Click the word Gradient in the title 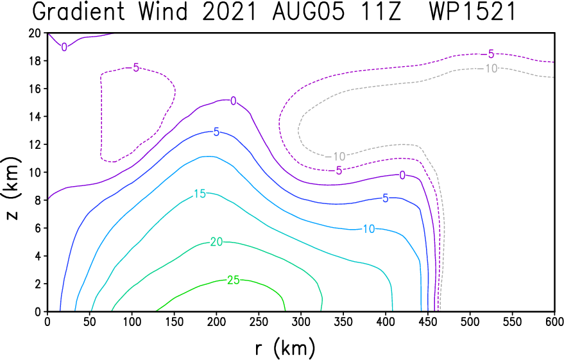click(x=78, y=12)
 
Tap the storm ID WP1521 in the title click(x=472, y=12)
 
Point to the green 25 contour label click(x=234, y=280)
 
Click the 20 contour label click(x=216, y=242)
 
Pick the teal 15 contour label click(x=200, y=194)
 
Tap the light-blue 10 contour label click(x=369, y=228)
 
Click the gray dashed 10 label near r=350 click(x=339, y=157)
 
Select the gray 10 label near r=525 click(x=491, y=68)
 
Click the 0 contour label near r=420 click(x=402, y=175)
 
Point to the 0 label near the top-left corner click(x=64, y=47)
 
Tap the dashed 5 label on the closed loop click(x=136, y=67)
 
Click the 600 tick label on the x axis click(x=554, y=321)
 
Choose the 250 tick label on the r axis click(x=259, y=321)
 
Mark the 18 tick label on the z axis click(x=35, y=61)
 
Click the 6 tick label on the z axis click(x=38, y=228)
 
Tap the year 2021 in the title click(x=229, y=12)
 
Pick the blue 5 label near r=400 click(x=385, y=198)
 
